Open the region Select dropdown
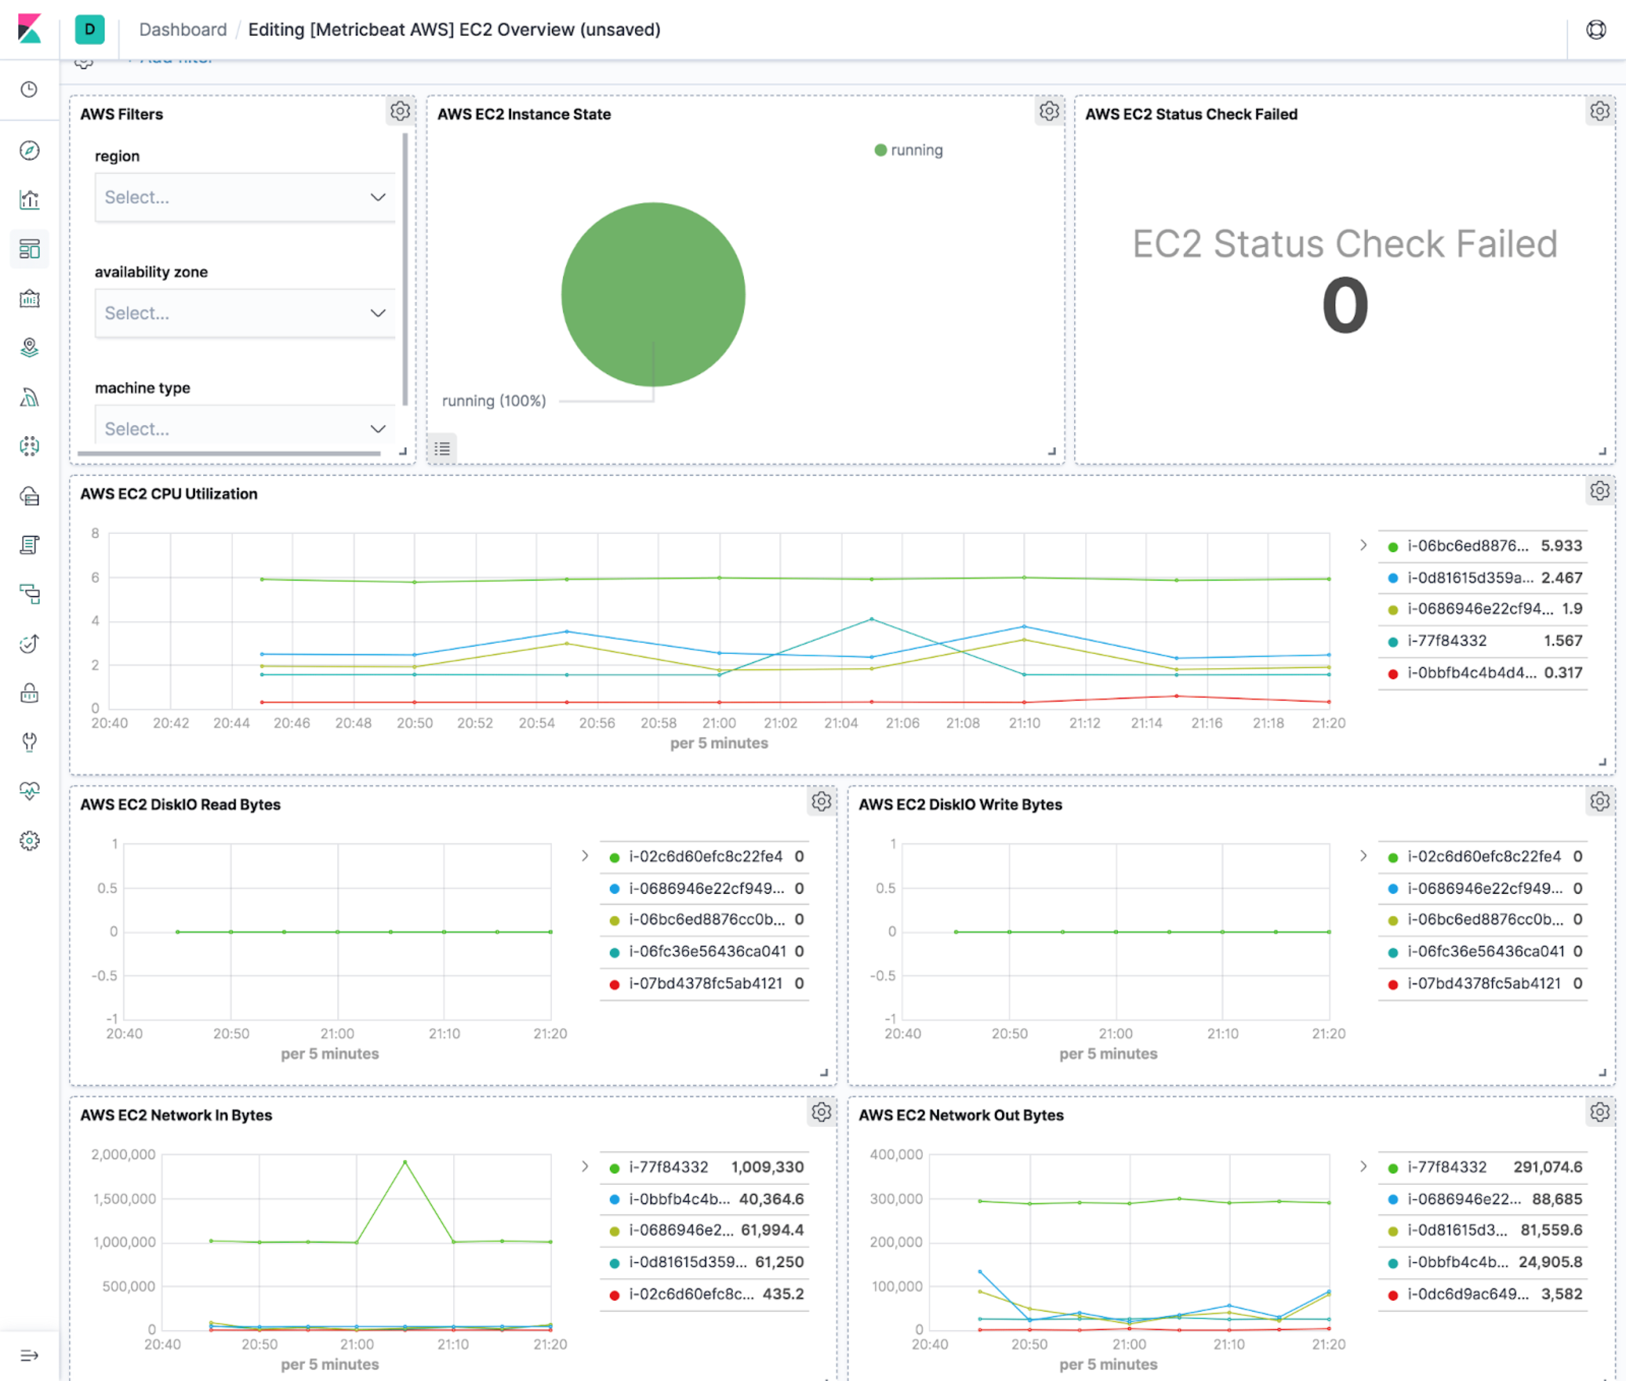244,197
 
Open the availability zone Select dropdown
244,313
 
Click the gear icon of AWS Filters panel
400,111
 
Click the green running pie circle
652,294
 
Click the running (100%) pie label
494,401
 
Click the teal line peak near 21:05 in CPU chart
871,619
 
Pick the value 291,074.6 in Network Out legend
1547,1167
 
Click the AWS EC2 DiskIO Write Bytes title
960,805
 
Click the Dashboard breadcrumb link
182,30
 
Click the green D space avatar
89,30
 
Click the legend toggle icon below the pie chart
442,448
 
